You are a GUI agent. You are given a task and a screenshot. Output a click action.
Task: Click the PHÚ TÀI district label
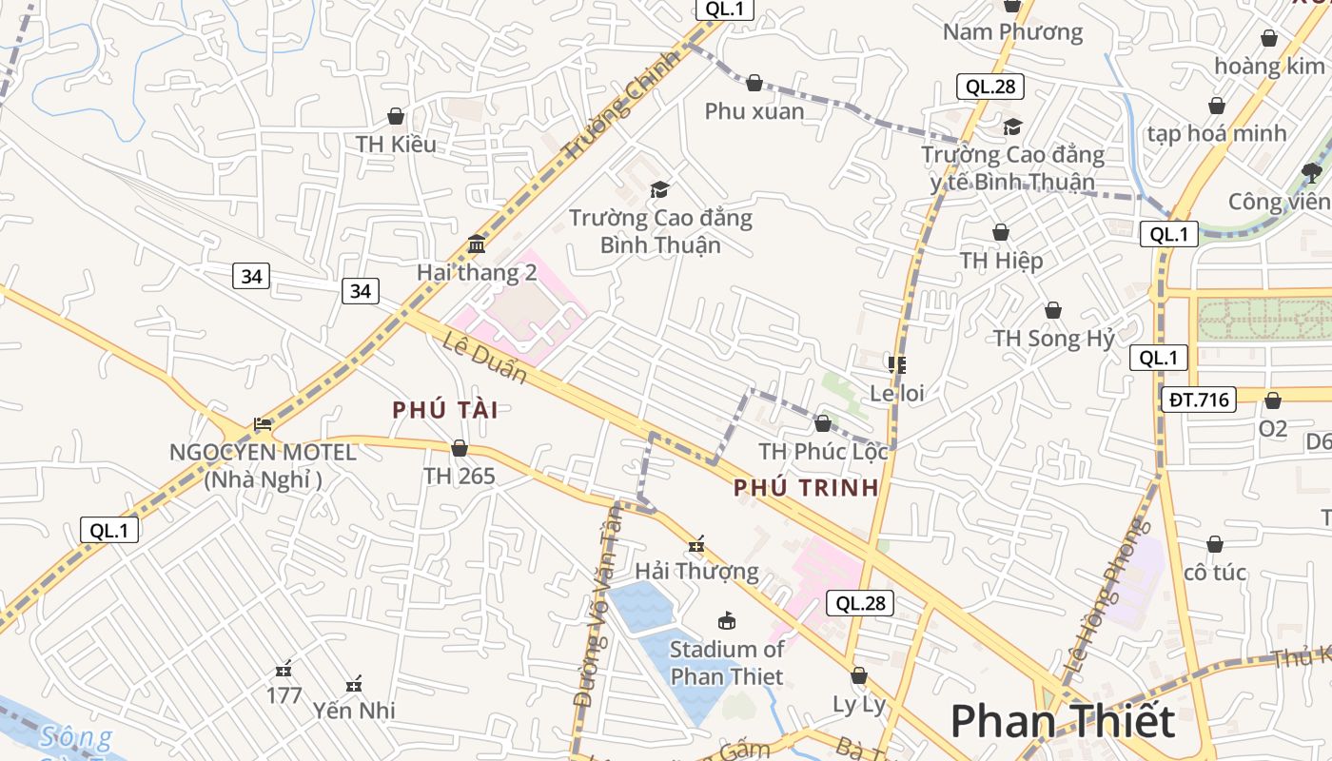pos(445,410)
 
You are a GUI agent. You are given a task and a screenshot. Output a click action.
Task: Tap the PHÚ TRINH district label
pos(806,488)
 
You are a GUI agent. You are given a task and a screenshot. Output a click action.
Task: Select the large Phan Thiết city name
pos(1062,721)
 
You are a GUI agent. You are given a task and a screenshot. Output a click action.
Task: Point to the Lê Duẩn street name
pos(484,356)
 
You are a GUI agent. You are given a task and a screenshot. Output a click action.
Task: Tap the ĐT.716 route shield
pos(1198,400)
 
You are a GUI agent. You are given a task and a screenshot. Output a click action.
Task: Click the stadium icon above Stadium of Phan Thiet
pos(727,621)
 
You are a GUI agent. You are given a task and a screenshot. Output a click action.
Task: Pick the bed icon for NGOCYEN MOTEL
pos(263,424)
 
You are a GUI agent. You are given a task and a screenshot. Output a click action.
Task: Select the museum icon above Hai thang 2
pos(477,245)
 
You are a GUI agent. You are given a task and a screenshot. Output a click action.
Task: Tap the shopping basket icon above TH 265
pos(460,448)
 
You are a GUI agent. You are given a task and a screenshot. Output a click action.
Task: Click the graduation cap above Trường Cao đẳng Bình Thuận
pos(659,190)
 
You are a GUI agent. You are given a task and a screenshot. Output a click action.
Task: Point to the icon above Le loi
pos(897,364)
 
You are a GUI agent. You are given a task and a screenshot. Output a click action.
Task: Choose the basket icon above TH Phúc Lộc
pos(823,423)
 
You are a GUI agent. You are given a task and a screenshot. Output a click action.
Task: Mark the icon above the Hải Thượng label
pos(696,544)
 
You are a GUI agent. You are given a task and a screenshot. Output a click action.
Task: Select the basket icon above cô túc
pos(1215,544)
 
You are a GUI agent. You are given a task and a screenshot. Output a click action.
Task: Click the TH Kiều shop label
pos(396,145)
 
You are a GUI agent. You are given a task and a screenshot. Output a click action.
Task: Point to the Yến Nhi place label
pos(354,711)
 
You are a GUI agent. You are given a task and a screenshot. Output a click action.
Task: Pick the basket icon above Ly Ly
pos(859,675)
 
